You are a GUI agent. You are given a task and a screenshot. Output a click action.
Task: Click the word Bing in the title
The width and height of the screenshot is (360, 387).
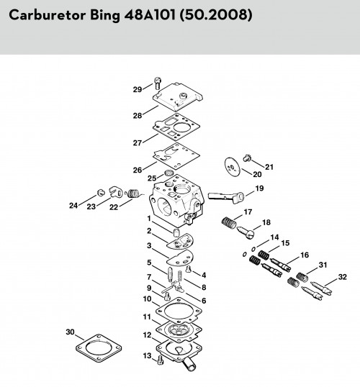coord(105,15)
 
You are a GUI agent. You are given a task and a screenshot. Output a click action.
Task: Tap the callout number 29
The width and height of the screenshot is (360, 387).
coord(138,89)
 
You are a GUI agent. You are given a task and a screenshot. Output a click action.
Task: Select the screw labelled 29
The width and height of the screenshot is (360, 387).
coord(158,83)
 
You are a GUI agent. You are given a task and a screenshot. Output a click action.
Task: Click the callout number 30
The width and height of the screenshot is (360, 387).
coord(70,332)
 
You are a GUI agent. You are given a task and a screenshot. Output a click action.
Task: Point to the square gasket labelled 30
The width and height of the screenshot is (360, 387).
coord(99,348)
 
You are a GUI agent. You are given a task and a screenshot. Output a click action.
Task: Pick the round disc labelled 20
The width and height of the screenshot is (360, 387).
coord(233,167)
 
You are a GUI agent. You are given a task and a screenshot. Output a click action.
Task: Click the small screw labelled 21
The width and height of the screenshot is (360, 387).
coord(247,158)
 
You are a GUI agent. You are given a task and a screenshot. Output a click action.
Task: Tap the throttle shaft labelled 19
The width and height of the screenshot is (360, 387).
coord(226,196)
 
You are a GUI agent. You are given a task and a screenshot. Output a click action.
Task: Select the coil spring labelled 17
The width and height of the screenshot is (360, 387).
coord(228,222)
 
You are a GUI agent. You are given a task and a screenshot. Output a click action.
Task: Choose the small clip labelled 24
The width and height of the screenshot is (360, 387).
coord(101,192)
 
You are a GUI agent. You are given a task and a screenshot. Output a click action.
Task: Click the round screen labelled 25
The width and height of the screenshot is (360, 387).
coord(169,173)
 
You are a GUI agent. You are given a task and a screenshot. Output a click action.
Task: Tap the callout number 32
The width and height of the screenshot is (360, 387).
coord(343,277)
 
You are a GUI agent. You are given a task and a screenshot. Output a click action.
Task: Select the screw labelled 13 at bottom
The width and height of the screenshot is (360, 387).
coord(161,360)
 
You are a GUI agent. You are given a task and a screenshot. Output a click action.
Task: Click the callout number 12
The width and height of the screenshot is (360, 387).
coord(147,335)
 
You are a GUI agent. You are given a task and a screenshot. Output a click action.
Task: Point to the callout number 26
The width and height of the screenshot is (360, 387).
coord(138,170)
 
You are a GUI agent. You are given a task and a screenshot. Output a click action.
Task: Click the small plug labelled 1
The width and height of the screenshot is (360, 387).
coord(176,232)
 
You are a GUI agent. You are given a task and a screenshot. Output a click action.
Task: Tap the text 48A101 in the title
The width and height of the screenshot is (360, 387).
coord(150,15)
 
